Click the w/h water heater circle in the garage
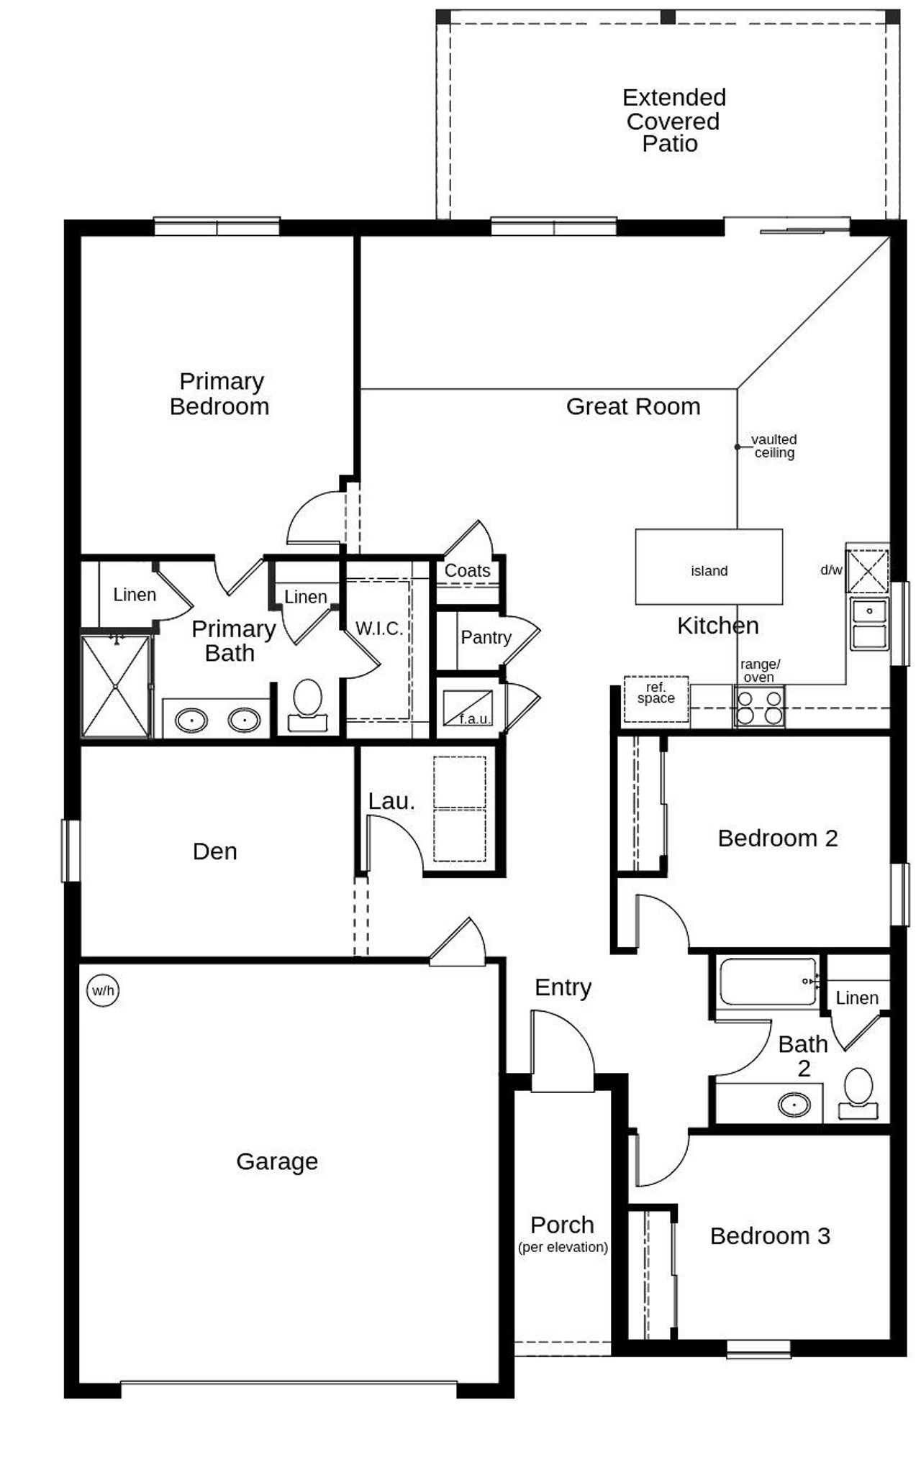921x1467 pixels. (103, 990)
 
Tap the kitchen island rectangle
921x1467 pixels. (709, 567)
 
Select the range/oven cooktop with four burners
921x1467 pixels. (758, 707)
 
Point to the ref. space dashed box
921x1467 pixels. (655, 698)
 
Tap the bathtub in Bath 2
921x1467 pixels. (768, 982)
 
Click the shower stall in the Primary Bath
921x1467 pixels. (115, 686)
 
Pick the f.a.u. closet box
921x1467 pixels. (468, 708)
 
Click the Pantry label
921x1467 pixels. (486, 637)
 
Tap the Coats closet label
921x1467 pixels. (467, 570)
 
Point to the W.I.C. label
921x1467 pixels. (378, 629)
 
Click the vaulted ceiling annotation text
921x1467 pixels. (773, 446)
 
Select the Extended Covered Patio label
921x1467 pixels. (673, 120)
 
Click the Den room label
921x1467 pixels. (214, 851)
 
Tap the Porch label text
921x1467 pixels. (562, 1225)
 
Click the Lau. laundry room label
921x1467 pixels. (391, 801)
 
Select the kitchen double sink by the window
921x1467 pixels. (869, 623)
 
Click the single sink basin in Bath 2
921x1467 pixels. (794, 1104)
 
